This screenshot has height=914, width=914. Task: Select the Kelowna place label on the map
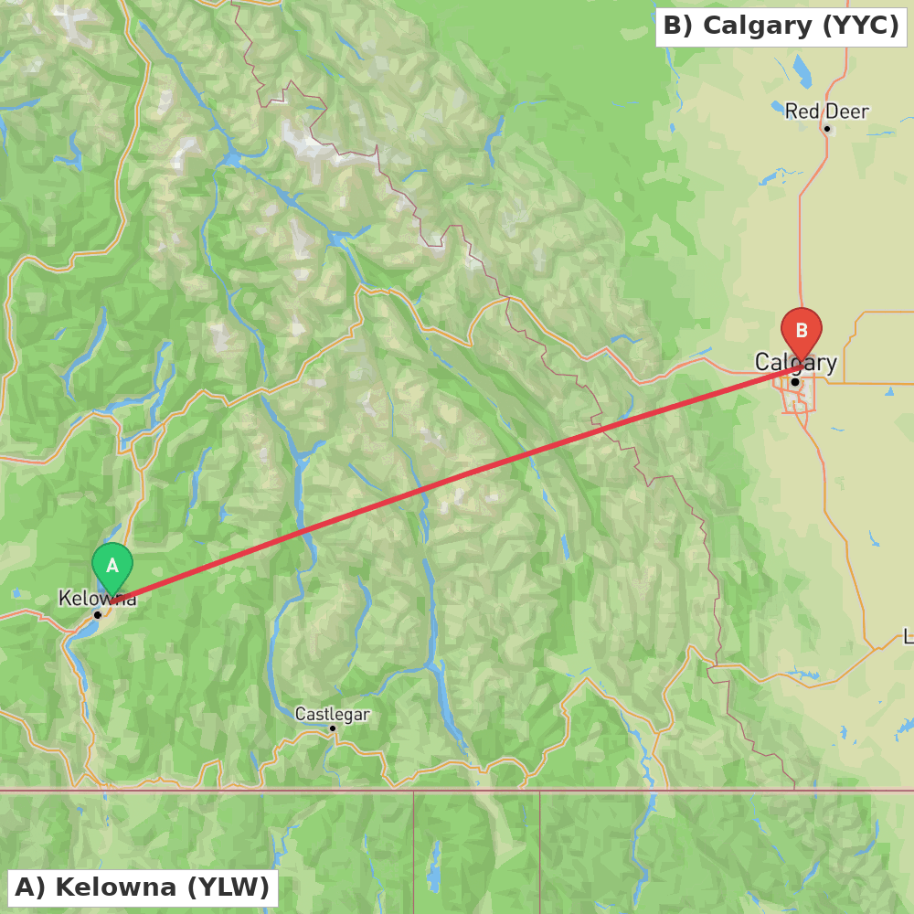click(x=97, y=599)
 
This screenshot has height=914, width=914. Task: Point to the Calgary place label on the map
click(x=795, y=363)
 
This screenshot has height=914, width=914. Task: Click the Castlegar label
click(x=332, y=714)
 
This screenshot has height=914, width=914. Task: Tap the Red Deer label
click(x=826, y=112)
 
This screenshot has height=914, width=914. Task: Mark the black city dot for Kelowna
click(x=98, y=614)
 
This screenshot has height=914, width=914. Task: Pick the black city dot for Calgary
click(x=795, y=381)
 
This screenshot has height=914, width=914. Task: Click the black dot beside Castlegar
click(x=333, y=728)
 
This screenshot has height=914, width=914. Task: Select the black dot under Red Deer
click(x=826, y=129)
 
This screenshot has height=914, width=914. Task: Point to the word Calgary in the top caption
click(x=757, y=26)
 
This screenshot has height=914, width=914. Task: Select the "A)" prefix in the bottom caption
click(x=29, y=887)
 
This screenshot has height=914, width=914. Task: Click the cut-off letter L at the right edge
click(x=909, y=636)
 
